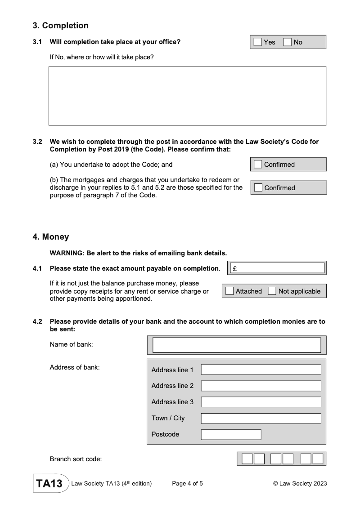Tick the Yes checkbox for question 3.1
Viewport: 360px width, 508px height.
(257, 42)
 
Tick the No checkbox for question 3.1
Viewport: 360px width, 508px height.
(288, 42)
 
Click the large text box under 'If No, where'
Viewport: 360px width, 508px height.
(187, 96)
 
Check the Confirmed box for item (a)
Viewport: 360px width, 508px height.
(258, 165)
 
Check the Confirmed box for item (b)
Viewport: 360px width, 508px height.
(258, 188)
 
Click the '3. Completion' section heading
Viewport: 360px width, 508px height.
(60, 26)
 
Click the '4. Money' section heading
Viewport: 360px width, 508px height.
(51, 236)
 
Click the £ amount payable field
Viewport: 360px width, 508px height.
(277, 268)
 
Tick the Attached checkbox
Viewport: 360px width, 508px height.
(229, 291)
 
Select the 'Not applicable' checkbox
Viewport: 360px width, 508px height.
(272, 291)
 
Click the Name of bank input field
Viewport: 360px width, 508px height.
(237, 345)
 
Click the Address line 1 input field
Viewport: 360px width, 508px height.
(261, 370)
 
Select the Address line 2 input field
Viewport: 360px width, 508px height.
(261, 386)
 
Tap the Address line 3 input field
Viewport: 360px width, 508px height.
(261, 402)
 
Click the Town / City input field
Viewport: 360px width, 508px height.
(261, 418)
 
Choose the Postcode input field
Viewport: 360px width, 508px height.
(231, 434)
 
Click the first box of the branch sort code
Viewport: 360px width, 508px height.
(247, 459)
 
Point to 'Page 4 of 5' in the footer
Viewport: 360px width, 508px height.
(188, 484)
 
